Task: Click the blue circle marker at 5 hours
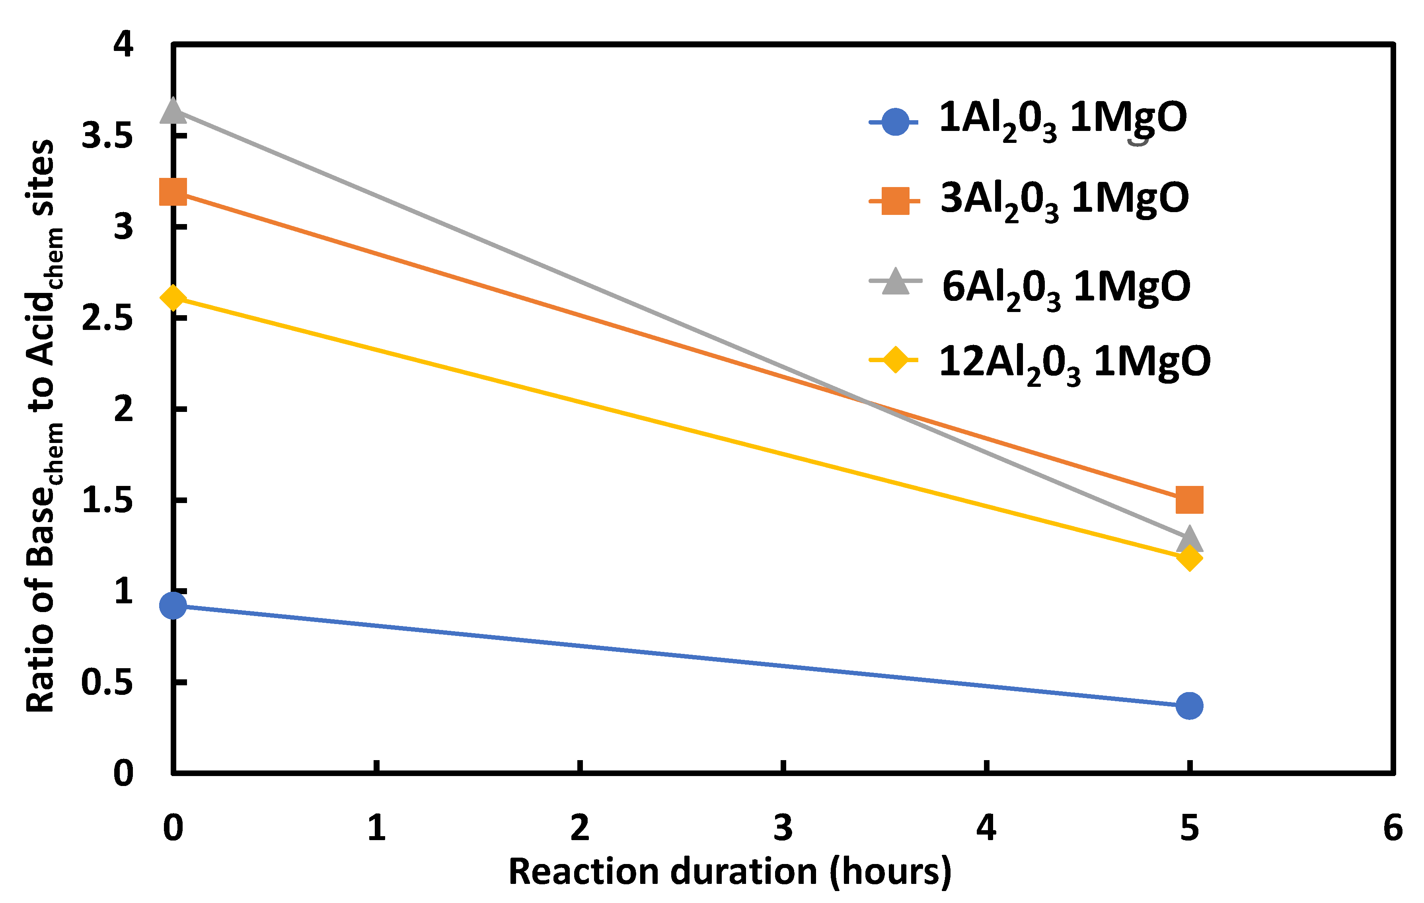click(x=1189, y=706)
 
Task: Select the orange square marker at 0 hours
click(x=173, y=191)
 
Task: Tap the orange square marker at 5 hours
click(x=1189, y=500)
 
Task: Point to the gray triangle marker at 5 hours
click(x=1189, y=539)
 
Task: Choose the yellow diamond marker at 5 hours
click(x=1189, y=558)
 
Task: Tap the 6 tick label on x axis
click(x=1393, y=828)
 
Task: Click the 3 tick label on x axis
click(x=783, y=828)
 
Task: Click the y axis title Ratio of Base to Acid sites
click(x=43, y=426)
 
